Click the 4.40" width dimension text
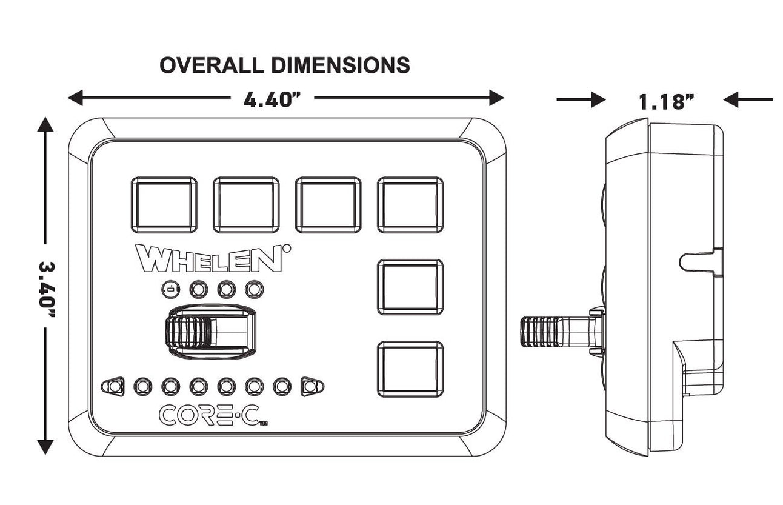[x=272, y=99]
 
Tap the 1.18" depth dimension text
[x=666, y=102]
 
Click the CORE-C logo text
[x=210, y=415]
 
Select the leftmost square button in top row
[x=164, y=205]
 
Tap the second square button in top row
[x=246, y=205]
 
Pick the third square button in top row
[x=328, y=205]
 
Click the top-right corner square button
[x=410, y=205]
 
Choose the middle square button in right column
[x=410, y=287]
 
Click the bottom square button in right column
[x=410, y=369]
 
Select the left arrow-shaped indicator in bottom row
[x=113, y=386]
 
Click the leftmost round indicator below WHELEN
[x=171, y=290]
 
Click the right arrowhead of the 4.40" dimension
[x=497, y=97]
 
